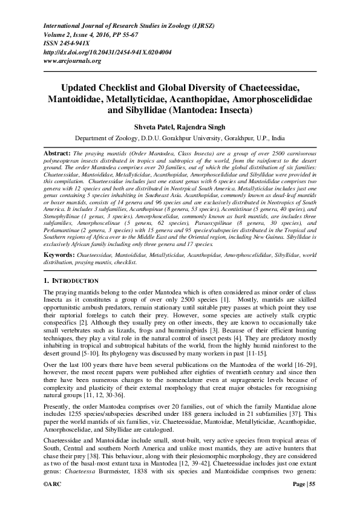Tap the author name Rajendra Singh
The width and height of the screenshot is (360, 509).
click(x=204, y=127)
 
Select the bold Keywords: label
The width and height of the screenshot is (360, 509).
click(x=60, y=256)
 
